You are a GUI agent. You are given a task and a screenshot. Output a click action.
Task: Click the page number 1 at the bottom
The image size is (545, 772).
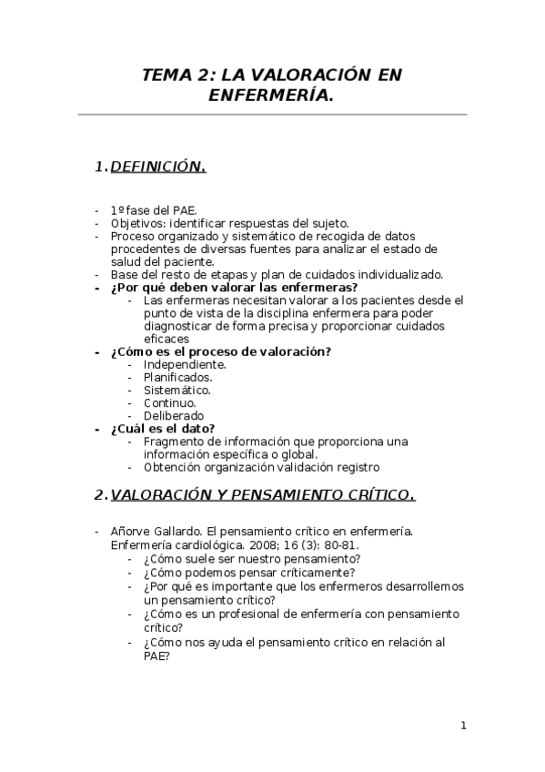click(x=463, y=726)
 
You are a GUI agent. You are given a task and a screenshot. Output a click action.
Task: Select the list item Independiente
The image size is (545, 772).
click(x=184, y=364)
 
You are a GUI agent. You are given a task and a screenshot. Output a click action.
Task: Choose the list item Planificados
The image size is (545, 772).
click(x=177, y=377)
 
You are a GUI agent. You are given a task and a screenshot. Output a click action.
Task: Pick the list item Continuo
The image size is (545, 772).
click(x=169, y=402)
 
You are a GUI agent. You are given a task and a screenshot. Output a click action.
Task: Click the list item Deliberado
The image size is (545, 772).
click(x=174, y=416)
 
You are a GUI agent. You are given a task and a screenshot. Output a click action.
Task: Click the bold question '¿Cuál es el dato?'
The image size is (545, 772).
click(x=162, y=429)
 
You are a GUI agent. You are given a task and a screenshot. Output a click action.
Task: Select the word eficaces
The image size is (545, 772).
click(x=167, y=338)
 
